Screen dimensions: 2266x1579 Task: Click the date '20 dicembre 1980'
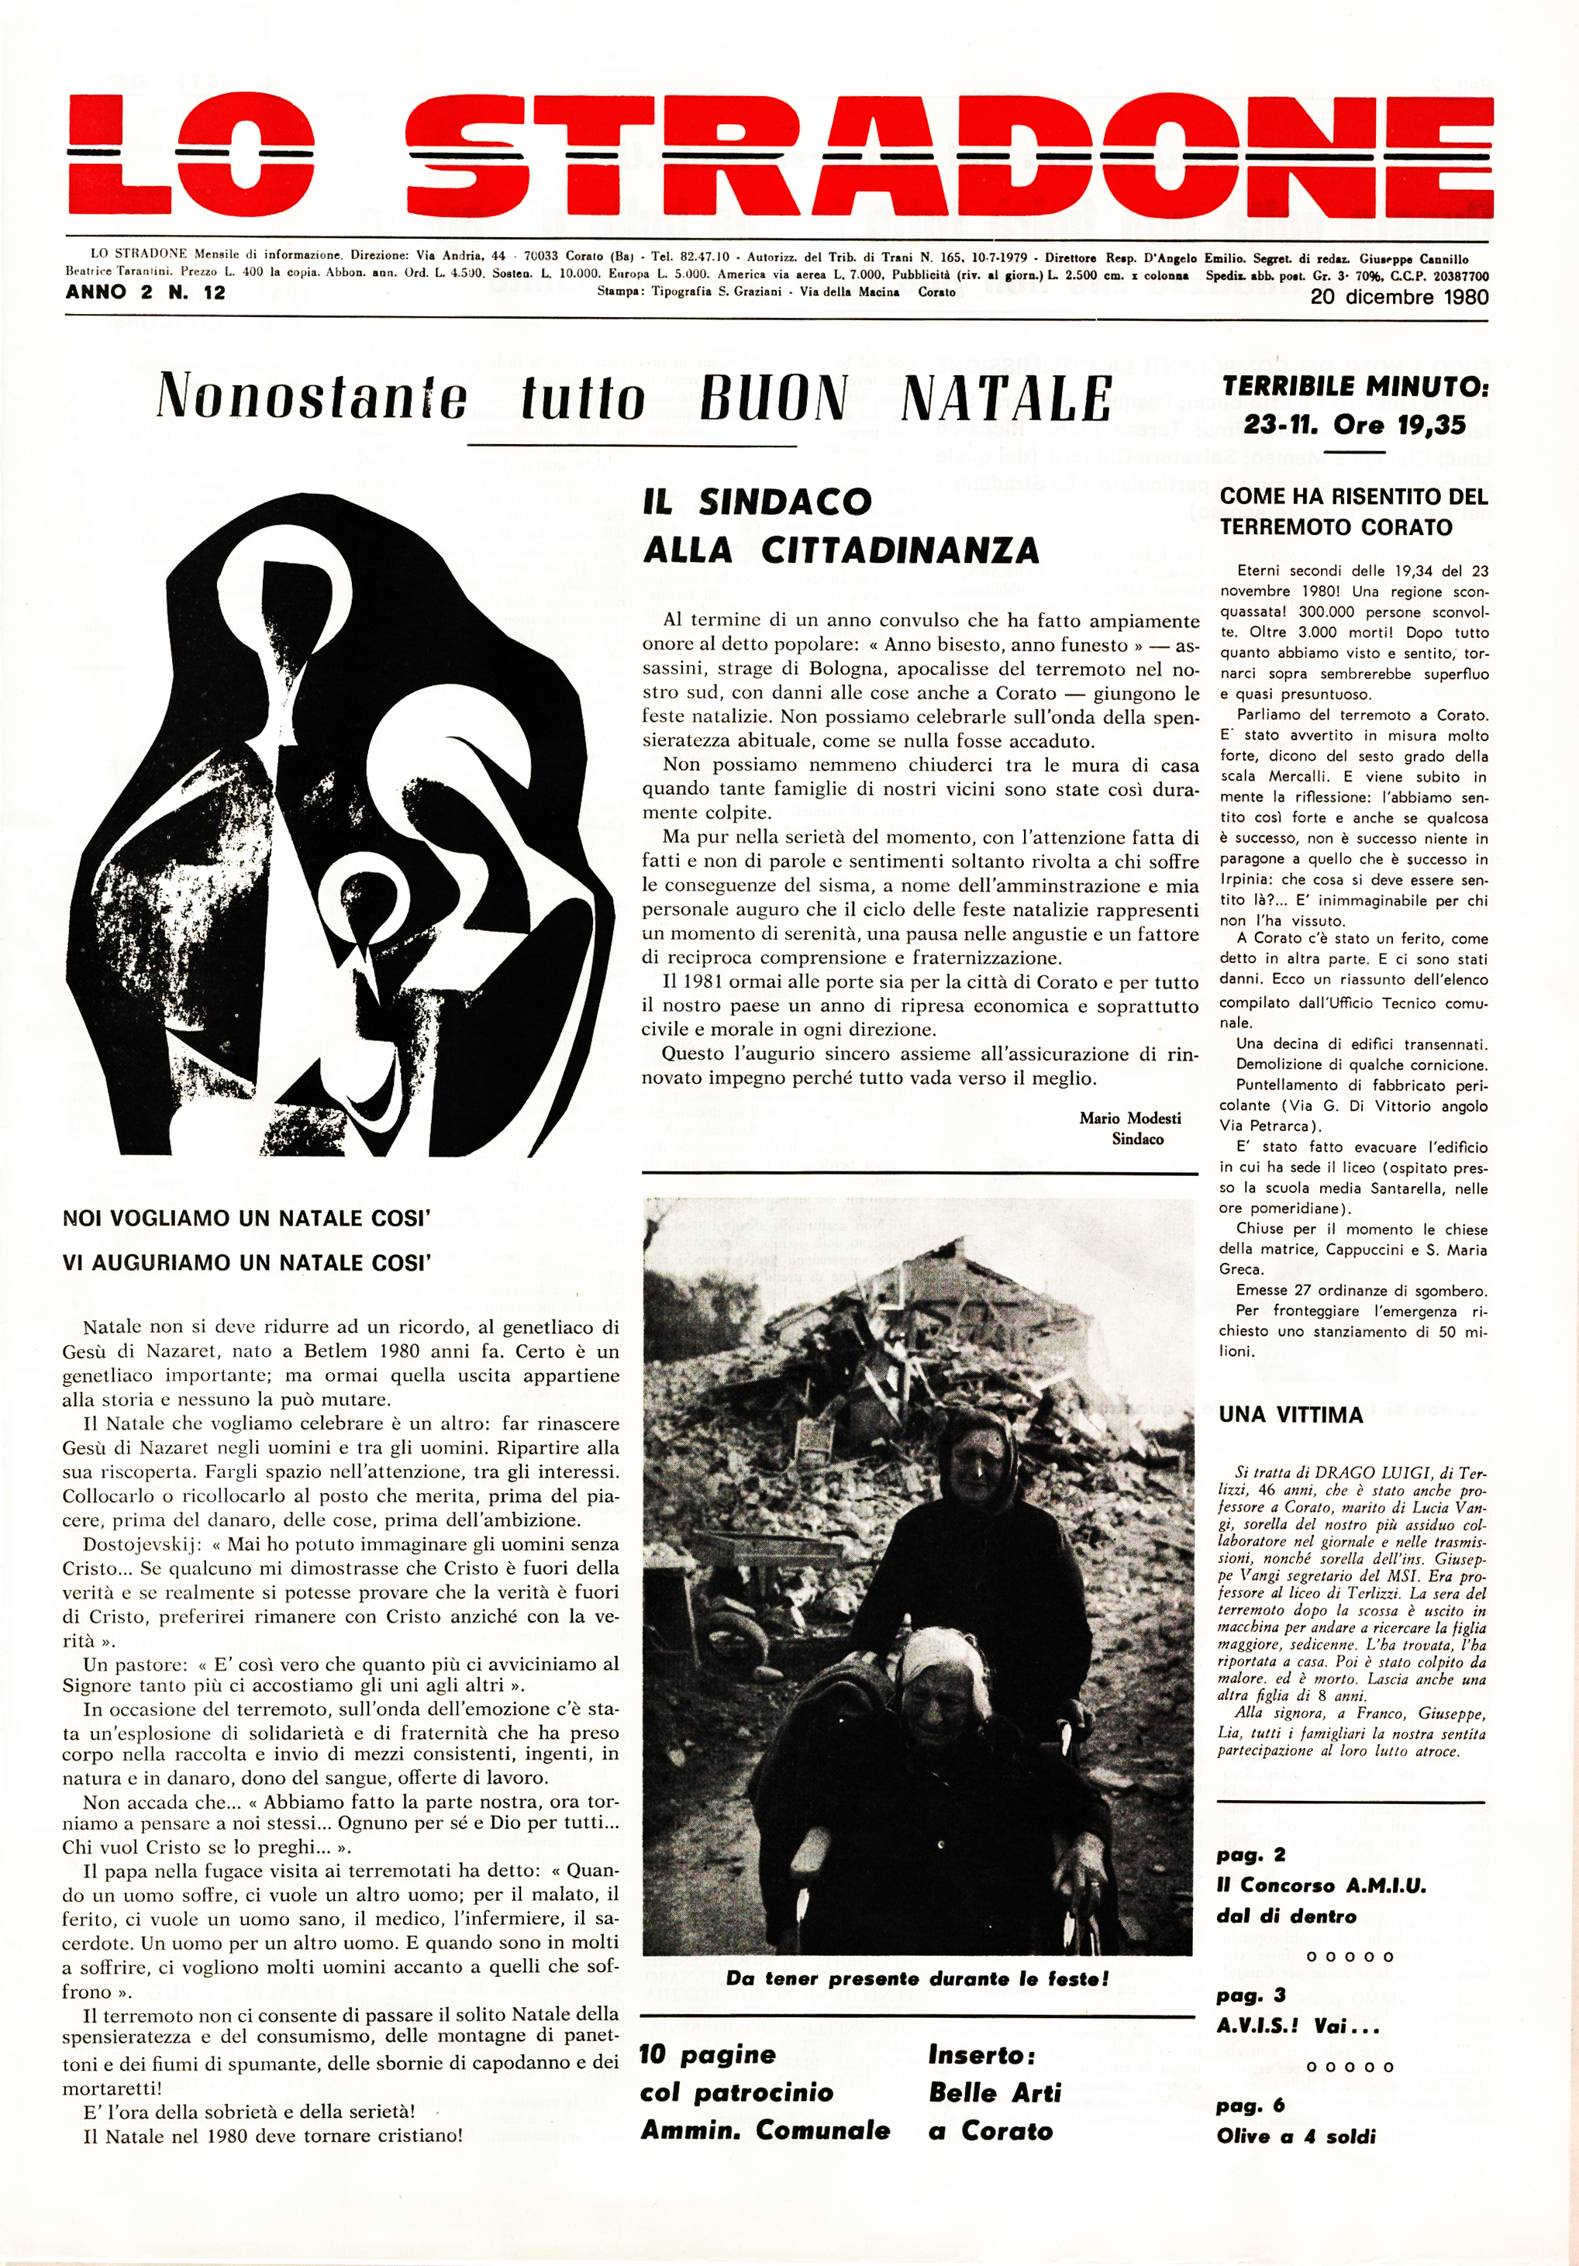point(1399,297)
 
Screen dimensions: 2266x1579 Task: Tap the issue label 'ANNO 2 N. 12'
point(145,292)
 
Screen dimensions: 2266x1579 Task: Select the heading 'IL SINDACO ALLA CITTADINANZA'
point(841,525)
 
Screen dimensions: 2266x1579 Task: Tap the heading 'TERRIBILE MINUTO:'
point(1355,386)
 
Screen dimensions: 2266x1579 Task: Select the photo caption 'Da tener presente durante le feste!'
point(918,1980)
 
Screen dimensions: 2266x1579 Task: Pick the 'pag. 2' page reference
point(1250,1854)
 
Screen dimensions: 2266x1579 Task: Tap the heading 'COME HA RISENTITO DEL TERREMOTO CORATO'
point(1353,511)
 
